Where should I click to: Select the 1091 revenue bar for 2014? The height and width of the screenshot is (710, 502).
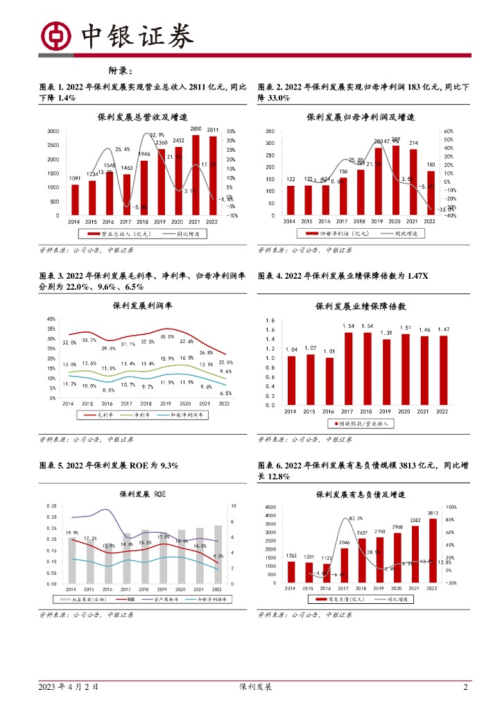point(75,200)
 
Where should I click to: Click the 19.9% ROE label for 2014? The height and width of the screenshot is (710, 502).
point(71,532)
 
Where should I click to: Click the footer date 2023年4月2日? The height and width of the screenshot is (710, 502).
point(69,687)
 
